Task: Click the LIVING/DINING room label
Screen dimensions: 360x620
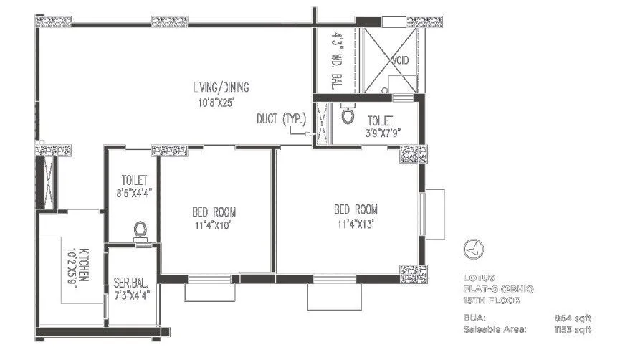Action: (221, 87)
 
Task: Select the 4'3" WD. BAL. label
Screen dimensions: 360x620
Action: (335, 60)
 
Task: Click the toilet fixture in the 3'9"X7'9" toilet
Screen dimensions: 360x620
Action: (348, 114)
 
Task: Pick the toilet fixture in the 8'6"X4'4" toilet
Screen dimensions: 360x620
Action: (140, 230)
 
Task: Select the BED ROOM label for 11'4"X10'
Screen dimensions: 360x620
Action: (214, 212)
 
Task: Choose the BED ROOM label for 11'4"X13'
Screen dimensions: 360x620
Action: (356, 209)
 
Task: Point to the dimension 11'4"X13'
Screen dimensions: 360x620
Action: (356, 224)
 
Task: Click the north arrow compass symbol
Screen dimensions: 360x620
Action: (472, 248)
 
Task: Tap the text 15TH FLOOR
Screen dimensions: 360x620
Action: (491, 300)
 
